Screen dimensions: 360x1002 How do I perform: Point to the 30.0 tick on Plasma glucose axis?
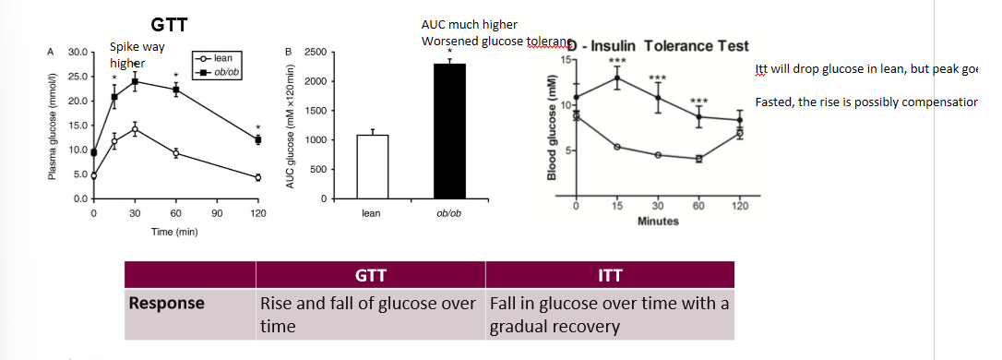pyautogui.click(x=78, y=52)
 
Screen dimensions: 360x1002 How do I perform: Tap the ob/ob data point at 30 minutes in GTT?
pyautogui.click(x=135, y=81)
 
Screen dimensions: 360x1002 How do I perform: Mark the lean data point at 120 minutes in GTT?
pyautogui.click(x=258, y=177)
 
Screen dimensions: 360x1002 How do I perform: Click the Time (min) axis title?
pyautogui.click(x=174, y=231)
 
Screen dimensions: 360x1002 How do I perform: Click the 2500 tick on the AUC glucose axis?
pyautogui.click(x=316, y=52)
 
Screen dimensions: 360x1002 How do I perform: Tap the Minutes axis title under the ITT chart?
pyautogui.click(x=657, y=221)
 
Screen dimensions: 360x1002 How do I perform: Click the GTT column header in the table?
pyautogui.click(x=370, y=274)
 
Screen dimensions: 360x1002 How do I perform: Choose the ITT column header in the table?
pyautogui.click(x=610, y=274)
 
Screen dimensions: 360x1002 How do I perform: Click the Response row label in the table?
pyautogui.click(x=166, y=302)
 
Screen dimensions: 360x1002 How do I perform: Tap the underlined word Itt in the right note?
pyautogui.click(x=761, y=70)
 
